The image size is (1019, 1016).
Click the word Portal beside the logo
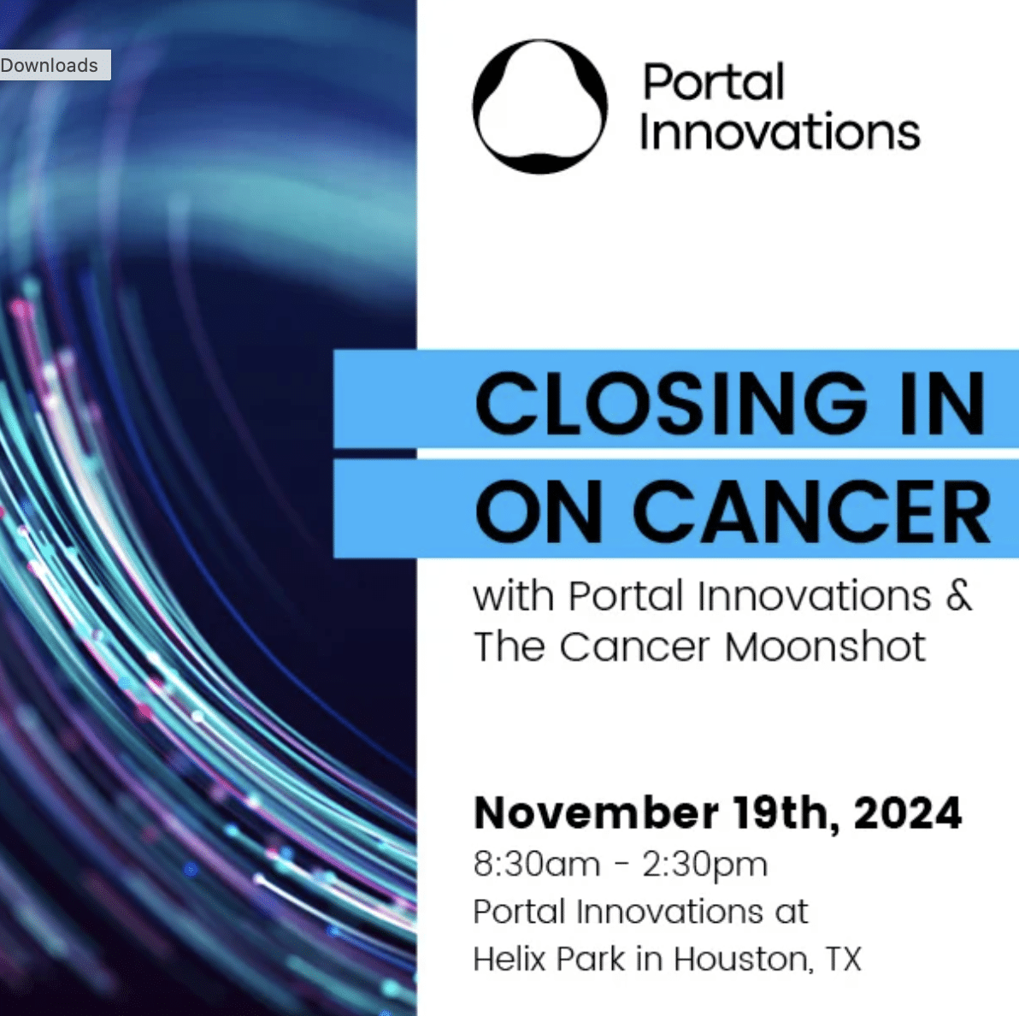coord(714,83)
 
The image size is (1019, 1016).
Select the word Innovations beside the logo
coord(780,133)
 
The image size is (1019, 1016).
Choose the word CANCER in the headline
coord(812,512)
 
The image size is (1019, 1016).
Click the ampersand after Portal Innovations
coord(958,594)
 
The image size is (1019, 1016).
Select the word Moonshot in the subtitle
coord(825,647)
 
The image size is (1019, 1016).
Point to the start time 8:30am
coord(537,865)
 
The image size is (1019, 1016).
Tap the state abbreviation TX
coord(844,959)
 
